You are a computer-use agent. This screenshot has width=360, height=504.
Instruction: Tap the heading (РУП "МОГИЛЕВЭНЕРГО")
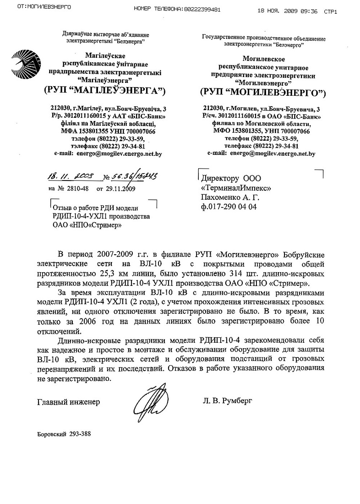tap(262, 93)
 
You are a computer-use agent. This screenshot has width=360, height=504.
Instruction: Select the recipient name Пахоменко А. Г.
tap(230, 197)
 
